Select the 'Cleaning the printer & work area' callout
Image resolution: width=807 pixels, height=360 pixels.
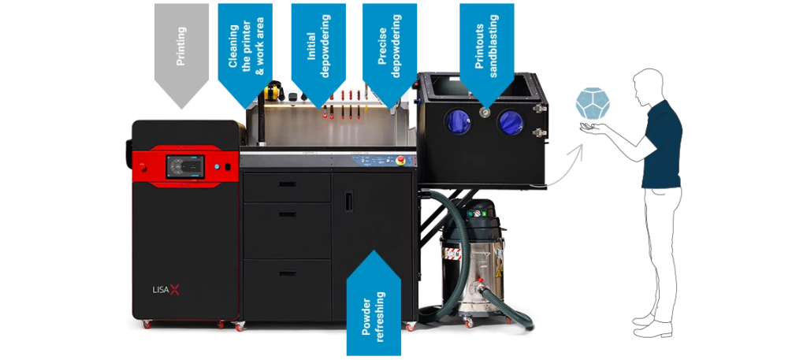[244, 47]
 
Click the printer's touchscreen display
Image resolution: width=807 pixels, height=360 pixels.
[185, 167]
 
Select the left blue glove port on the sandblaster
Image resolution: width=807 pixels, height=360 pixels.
[458, 122]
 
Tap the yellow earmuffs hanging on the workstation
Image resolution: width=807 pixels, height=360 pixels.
[275, 91]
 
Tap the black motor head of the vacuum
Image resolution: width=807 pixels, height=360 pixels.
[478, 213]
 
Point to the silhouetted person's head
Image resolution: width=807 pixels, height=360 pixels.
[649, 84]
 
